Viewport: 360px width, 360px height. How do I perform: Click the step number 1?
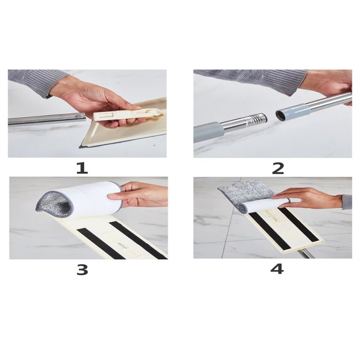pos(82,168)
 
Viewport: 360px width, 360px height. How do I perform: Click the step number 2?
pos(278,168)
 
